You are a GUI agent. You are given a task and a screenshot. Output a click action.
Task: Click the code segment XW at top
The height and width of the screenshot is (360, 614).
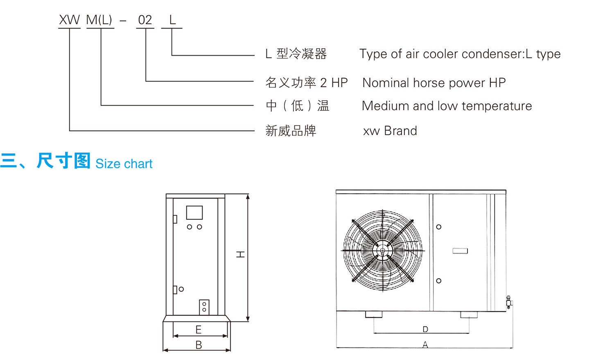pos(69,20)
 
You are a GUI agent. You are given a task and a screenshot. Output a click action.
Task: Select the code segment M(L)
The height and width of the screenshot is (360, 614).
pos(99,20)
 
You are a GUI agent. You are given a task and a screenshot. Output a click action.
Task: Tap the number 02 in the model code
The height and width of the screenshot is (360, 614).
pos(145,20)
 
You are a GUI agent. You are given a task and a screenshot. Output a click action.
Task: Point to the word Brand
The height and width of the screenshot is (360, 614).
pos(400,131)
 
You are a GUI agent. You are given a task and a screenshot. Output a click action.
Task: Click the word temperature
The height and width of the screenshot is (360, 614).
pos(497,106)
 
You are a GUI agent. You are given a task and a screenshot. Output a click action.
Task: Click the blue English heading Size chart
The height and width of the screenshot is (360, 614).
pos(124,164)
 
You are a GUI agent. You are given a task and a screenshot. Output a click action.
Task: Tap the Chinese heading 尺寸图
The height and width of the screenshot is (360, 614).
pos(63,161)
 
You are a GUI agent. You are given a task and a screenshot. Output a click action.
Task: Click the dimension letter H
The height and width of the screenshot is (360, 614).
pos(241,254)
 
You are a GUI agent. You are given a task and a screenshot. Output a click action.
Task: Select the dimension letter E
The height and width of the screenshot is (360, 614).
pos(199,330)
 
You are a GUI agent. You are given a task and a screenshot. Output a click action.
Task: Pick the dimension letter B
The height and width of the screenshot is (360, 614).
pos(199,345)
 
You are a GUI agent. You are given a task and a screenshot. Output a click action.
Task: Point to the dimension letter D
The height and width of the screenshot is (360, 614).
pos(425,329)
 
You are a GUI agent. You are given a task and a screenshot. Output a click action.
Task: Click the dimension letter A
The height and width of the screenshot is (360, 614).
pos(425,345)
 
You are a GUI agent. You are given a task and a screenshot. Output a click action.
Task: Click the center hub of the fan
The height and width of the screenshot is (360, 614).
pos(383,250)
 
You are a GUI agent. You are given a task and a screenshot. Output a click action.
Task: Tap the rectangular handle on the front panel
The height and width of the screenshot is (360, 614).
pos(460,251)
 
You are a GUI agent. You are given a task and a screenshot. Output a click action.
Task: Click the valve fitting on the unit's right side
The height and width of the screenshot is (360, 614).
pos(509,302)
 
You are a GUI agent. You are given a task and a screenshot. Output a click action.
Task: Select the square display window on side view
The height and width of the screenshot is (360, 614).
pos(194,213)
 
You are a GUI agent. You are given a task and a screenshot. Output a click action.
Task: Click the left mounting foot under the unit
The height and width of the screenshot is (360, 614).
pos(373,315)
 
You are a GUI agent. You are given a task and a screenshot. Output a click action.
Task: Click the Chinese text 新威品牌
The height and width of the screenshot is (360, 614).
pos(291,131)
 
